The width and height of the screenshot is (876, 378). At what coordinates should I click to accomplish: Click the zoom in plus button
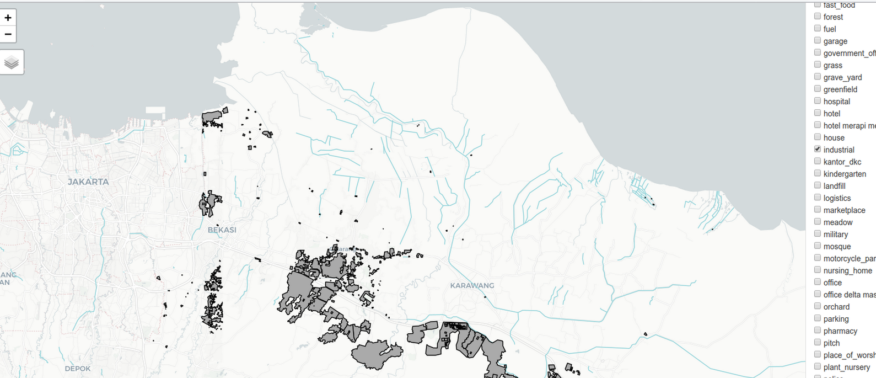(8, 18)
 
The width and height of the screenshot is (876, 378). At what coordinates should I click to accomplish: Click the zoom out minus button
(8, 34)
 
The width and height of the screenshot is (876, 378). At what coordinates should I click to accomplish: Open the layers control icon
(12, 62)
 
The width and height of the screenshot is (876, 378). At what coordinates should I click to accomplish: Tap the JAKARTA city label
(88, 182)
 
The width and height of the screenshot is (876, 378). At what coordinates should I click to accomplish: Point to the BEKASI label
(222, 230)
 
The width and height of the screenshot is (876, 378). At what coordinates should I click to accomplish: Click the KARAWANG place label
(472, 285)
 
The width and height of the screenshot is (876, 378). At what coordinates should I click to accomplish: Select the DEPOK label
(77, 369)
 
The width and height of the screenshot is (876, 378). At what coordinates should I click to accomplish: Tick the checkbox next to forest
(818, 17)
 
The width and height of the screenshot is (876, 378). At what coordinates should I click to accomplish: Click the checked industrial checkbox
(818, 150)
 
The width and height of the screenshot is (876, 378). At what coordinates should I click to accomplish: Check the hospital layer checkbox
(818, 101)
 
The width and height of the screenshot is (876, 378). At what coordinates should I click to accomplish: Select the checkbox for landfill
(818, 185)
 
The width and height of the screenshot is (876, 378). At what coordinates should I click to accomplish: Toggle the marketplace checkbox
(818, 210)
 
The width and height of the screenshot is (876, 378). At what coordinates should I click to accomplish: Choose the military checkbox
(818, 234)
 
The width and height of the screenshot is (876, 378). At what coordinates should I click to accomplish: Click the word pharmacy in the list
(840, 331)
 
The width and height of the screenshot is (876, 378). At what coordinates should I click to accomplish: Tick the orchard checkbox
(818, 306)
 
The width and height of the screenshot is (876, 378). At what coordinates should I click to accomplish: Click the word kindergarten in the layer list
(845, 174)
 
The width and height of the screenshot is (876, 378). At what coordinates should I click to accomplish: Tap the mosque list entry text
(837, 247)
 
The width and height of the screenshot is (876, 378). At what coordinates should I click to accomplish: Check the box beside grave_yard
(818, 77)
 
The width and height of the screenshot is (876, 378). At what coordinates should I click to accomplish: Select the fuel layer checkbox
(818, 29)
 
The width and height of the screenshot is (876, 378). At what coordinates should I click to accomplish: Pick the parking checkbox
(818, 318)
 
